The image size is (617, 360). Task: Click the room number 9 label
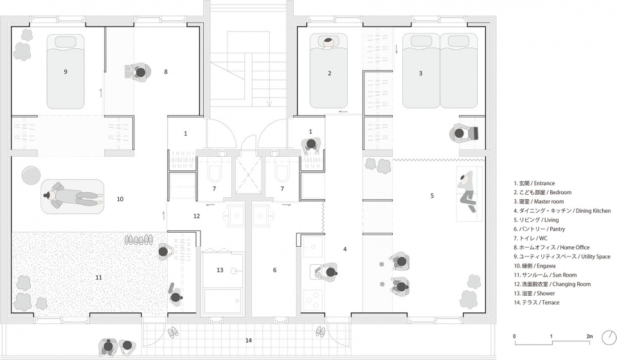tap(66, 71)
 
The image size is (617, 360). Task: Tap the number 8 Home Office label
tap(166, 71)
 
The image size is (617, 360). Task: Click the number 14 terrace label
tap(248, 340)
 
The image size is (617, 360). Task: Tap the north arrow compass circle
tap(611, 337)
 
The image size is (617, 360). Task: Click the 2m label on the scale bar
tap(589, 336)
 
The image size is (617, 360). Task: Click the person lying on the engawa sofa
tap(73, 195)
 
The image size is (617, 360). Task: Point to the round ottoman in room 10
tap(31, 175)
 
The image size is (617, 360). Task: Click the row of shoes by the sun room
tap(139, 240)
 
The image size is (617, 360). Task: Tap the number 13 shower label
tap(220, 270)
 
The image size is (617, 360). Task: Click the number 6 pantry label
tap(274, 270)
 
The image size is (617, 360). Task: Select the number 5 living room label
tap(432, 195)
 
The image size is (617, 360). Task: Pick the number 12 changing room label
tap(197, 216)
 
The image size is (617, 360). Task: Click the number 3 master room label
tap(420, 73)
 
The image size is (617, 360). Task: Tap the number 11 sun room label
tap(98, 277)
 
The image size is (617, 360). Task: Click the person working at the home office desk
tap(140, 73)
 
